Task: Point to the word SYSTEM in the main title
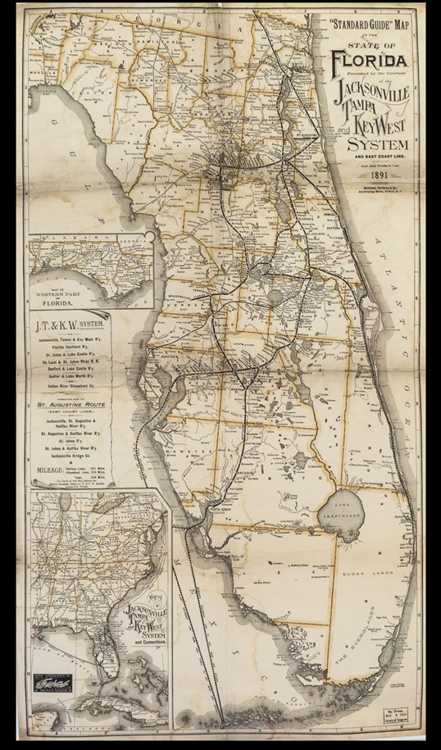(x=377, y=143)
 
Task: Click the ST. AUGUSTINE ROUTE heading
(x=72, y=404)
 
